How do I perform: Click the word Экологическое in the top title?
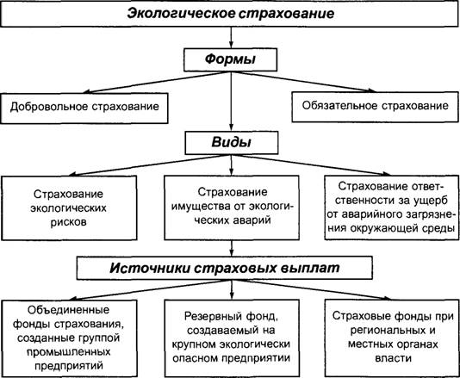[181, 14]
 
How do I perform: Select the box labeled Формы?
[231, 59]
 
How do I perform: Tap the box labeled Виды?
[232, 143]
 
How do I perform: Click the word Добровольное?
[49, 107]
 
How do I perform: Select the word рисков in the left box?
[69, 222]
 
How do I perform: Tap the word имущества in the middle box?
[201, 207]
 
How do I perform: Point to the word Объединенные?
[68, 310]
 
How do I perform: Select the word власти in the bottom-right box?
[393, 358]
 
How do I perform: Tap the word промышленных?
[68, 351]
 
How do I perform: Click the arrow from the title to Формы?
[231, 38]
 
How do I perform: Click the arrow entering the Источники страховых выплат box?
[232, 248]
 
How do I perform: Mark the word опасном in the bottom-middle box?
[195, 358]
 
